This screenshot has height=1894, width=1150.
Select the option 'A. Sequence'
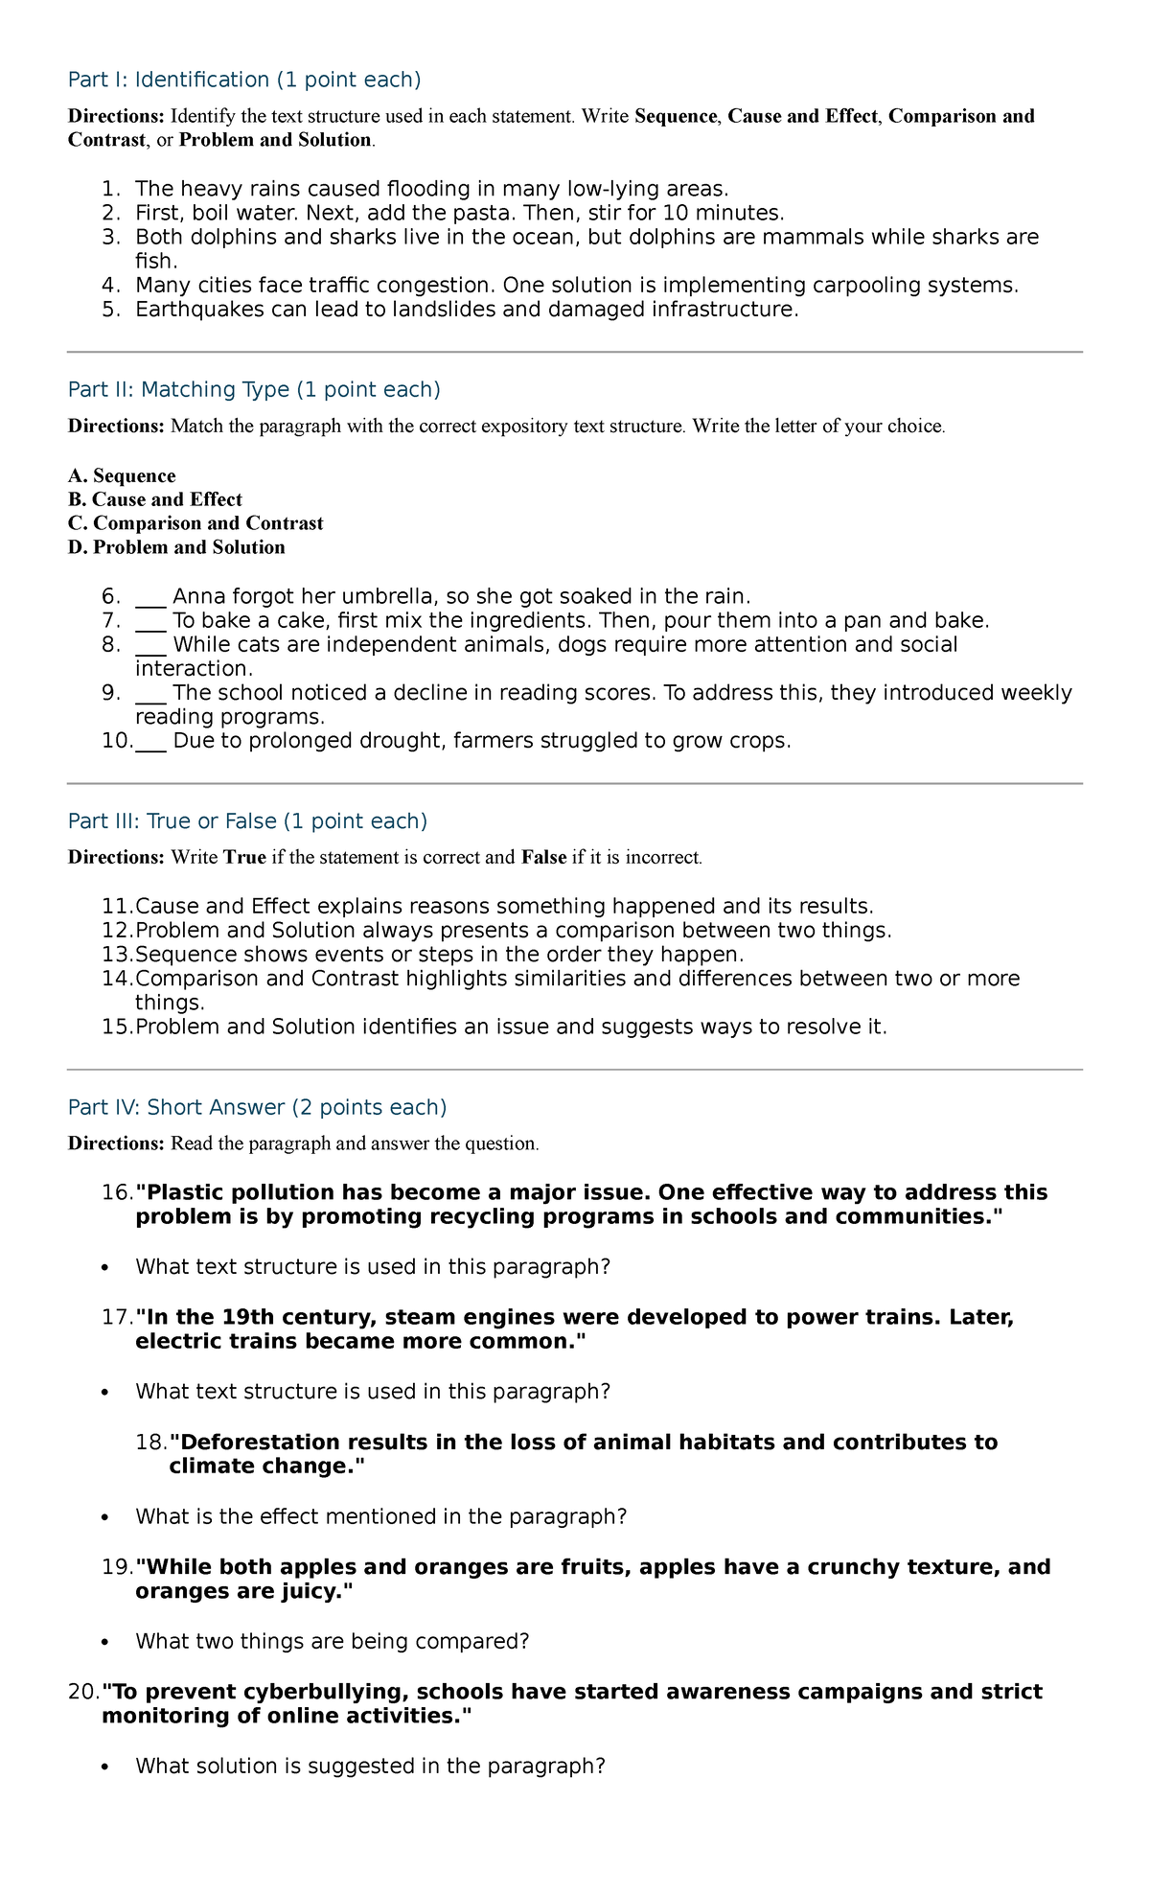point(122,476)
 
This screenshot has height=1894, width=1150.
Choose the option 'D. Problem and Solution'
point(176,547)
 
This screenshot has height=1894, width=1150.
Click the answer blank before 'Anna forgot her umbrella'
point(150,597)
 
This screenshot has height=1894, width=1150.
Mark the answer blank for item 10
point(150,741)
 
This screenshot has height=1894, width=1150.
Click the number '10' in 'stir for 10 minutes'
point(663,213)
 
